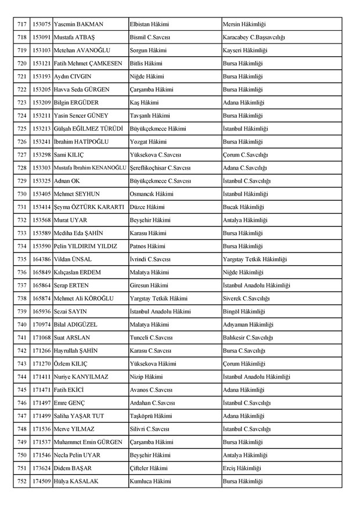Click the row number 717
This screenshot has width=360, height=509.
coord(22,24)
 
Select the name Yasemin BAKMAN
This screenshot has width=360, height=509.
coord(78,24)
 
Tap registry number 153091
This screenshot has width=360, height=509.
coord(41,37)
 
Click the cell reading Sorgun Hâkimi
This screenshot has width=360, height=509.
coord(149,50)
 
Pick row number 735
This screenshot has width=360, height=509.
coord(22,259)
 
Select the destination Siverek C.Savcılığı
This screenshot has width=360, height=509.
coord(249,298)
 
